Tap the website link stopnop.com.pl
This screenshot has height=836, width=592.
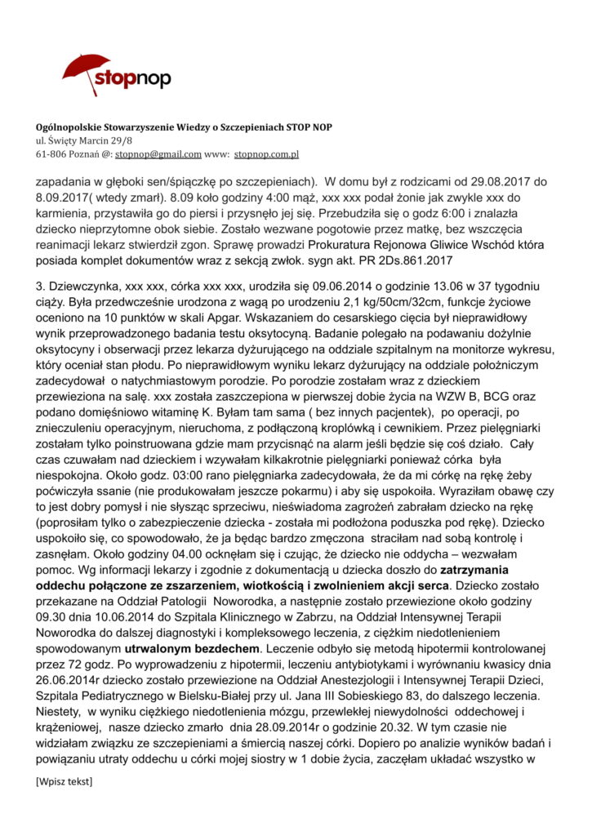point(266,153)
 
